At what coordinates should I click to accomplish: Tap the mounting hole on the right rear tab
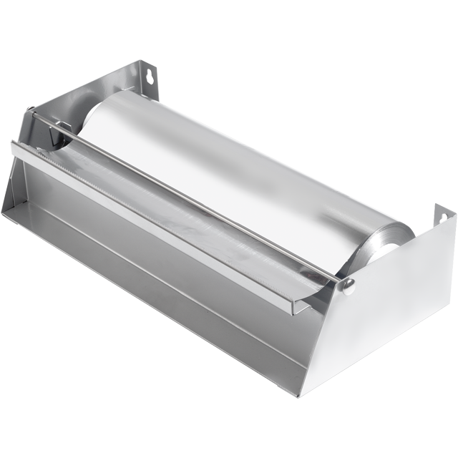point(443,216)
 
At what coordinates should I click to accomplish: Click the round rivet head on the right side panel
point(349,286)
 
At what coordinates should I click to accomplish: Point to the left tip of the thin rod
point(31,111)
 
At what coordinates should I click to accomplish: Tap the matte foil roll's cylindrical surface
point(236,165)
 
